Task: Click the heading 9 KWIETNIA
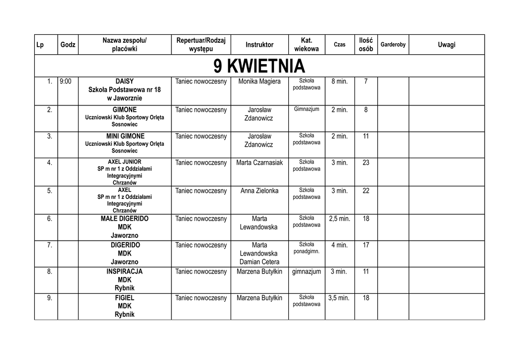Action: tap(259, 66)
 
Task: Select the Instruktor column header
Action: tap(259, 45)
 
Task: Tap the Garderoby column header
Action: tap(393, 45)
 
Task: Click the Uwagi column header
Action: tap(446, 45)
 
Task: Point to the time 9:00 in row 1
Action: tap(65, 81)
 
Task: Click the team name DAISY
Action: tap(124, 81)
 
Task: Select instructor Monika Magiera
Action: tap(259, 81)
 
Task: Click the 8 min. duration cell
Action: tap(339, 81)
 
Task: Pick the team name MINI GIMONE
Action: tap(125, 136)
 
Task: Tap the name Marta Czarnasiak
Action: tap(259, 163)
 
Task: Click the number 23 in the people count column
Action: tap(366, 163)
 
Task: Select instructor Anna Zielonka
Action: tap(259, 190)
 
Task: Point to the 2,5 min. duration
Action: tap(339, 218)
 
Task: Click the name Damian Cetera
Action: tap(259, 262)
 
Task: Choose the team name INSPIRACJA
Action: tap(124, 271)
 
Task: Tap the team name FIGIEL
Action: tap(124, 298)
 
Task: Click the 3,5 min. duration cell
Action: tap(339, 298)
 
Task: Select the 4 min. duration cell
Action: tap(339, 245)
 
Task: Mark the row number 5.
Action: tap(49, 190)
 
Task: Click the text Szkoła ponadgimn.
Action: tap(307, 248)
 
